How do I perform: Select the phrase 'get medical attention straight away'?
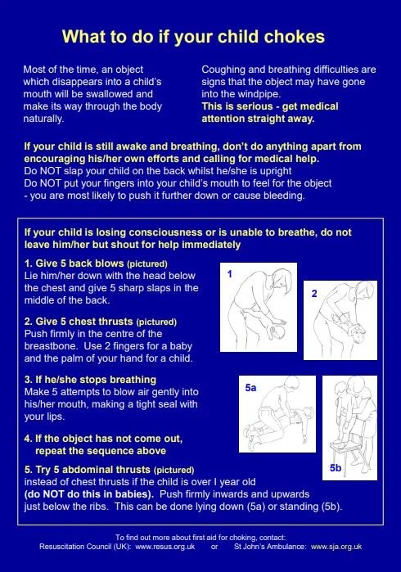tap(270, 112)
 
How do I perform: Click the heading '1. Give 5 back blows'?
tap(74, 263)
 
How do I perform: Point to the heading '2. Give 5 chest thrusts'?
tap(79, 322)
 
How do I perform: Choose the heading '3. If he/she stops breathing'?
tap(90, 380)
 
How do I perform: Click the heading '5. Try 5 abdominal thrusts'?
tap(88, 470)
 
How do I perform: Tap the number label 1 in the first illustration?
tap(229, 274)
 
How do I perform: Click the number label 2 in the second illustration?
tap(314, 293)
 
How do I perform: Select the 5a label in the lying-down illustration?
tap(250, 388)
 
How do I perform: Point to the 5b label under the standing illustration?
tap(336, 468)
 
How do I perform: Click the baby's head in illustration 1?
tap(276, 331)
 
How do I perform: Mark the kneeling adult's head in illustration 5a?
tap(292, 383)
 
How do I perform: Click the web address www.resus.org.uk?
tap(165, 547)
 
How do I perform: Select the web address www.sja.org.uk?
tap(336, 547)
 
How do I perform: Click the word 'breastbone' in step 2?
tap(51, 346)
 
